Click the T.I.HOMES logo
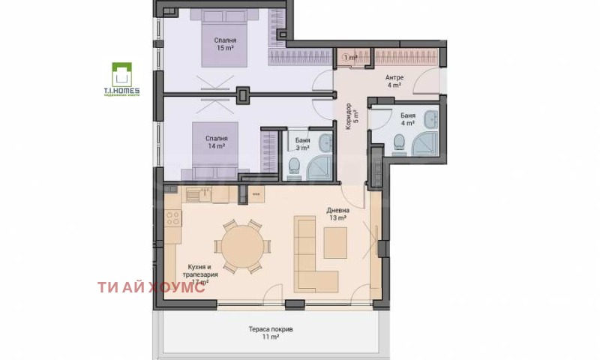pyautogui.click(x=121, y=79)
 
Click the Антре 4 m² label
pyautogui.click(x=394, y=81)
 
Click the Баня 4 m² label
pyautogui.click(x=408, y=120)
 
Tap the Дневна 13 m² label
pyautogui.click(x=336, y=214)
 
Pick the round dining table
pyautogui.click(x=239, y=247)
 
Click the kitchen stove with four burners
pyautogui.click(x=173, y=219)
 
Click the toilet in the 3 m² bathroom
pyautogui.click(x=294, y=166)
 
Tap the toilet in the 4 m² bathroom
pyautogui.click(x=399, y=141)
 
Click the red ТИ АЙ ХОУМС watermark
pyautogui.click(x=151, y=287)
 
